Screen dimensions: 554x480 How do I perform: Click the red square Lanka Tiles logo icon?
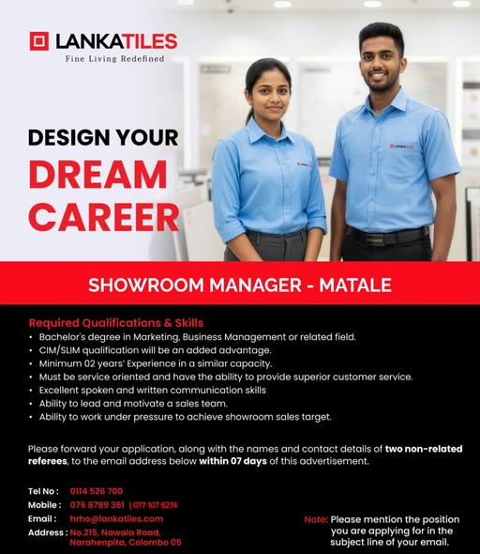click(x=38, y=41)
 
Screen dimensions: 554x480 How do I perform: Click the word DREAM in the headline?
click(x=97, y=176)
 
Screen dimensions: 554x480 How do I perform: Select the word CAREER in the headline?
click(x=103, y=216)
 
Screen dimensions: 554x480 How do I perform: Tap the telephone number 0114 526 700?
click(x=96, y=491)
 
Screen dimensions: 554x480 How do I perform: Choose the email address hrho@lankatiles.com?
click(x=116, y=518)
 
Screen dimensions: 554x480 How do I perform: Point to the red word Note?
click(x=316, y=519)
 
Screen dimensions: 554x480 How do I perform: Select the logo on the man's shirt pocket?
click(x=403, y=146)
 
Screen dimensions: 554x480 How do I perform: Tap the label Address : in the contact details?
click(x=47, y=531)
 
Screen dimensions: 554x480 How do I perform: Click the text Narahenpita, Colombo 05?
click(x=126, y=542)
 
